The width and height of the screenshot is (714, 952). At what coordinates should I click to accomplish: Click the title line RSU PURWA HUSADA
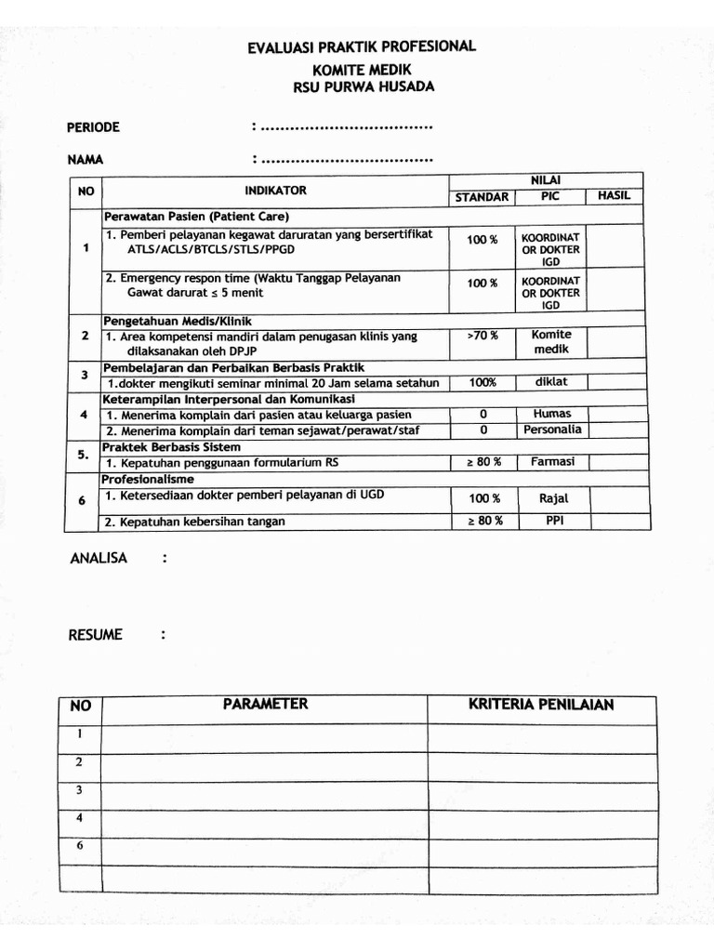pos(362,87)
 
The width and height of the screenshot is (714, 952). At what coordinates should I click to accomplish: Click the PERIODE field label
pos(94,127)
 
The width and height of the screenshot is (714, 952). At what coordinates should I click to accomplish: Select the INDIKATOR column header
pos(275,191)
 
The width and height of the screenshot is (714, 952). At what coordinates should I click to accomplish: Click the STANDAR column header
pos(482,197)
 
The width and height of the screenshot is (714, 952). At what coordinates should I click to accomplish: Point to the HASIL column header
pos(614,196)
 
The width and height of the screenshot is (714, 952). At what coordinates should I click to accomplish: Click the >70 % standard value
pos(482,335)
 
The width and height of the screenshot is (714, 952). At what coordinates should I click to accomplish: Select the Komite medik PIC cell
pos(551,342)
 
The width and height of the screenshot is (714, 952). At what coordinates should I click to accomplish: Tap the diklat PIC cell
pos(551,382)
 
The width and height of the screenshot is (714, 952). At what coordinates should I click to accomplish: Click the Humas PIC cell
pos(551,414)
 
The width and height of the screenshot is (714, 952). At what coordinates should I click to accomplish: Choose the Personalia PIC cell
pos(551,430)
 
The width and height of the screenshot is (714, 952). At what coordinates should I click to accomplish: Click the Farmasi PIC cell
pos(551,462)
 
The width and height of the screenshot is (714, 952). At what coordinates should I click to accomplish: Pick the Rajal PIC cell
pos(551,499)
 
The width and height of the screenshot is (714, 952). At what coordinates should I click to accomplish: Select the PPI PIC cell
pos(551,521)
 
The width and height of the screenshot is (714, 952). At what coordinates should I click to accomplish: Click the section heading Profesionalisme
pos(149,479)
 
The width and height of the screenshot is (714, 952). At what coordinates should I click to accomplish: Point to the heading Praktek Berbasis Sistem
pos(171,446)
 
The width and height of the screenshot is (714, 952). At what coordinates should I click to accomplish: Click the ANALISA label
pos(99,558)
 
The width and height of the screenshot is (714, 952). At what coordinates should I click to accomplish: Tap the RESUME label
pos(95,635)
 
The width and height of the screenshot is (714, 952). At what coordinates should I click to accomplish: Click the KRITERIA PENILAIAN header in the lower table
pos(541,705)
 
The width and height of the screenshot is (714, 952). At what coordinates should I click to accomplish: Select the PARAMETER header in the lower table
pos(265,705)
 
